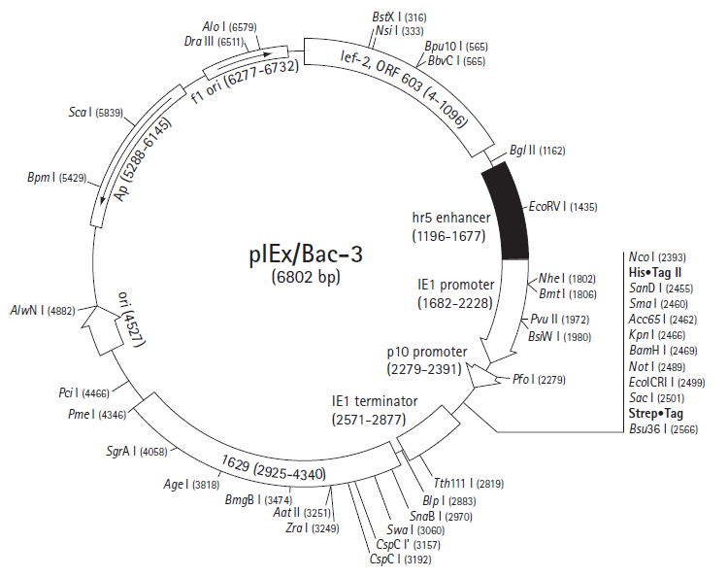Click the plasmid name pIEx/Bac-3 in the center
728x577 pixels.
306,255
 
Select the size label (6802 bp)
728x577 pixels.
306,277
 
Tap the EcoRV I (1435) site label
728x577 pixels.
563,207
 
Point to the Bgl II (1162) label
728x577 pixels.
537,151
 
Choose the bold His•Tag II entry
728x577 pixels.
654,272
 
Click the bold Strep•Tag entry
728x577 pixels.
655,413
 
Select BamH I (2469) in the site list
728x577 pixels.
663,351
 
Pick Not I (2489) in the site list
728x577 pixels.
657,366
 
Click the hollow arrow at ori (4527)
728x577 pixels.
102,331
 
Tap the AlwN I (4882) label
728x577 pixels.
43,310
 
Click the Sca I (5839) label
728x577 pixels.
96,113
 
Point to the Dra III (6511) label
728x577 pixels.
215,42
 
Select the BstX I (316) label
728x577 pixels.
399,17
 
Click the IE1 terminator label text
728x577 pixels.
375,401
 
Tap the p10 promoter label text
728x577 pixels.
427,352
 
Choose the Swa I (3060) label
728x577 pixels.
415,530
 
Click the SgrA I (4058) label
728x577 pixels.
137,451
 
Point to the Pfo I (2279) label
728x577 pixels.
539,380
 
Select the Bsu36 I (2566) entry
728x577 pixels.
664,428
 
